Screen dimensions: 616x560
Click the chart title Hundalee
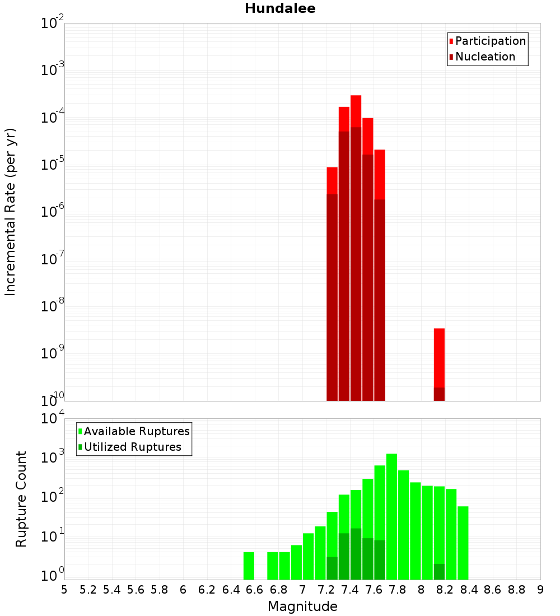[x=280, y=8]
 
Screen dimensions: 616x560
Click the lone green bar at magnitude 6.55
[x=249, y=566]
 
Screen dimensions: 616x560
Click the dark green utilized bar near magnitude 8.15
[x=439, y=572]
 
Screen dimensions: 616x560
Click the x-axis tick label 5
[x=64, y=590]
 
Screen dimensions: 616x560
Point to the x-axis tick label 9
[x=540, y=590]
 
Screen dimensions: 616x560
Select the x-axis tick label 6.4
[x=231, y=590]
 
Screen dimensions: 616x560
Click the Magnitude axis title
[x=302, y=606]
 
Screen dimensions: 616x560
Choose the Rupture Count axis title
[x=21, y=499]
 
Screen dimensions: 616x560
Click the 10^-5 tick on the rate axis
[x=53, y=165]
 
